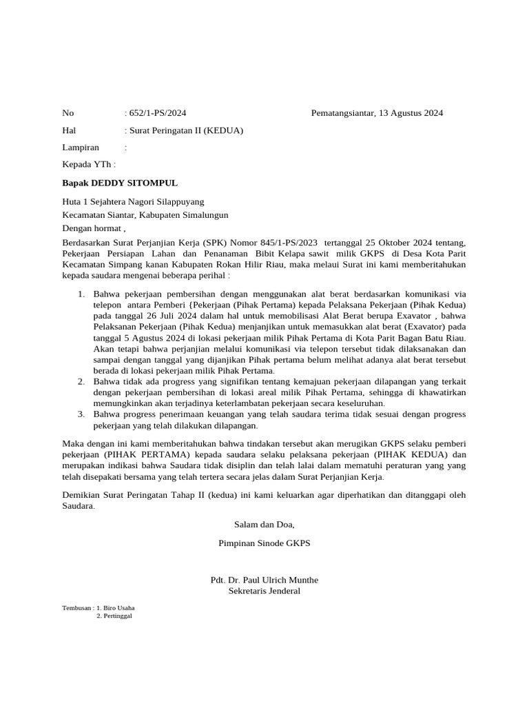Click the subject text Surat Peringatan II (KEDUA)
(x=185, y=130)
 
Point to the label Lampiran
(x=81, y=148)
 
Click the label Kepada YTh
(x=89, y=165)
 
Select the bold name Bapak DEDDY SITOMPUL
(x=120, y=183)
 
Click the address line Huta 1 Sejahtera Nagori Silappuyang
(x=133, y=202)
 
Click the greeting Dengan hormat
(x=94, y=228)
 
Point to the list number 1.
(x=81, y=294)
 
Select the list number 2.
(x=81, y=381)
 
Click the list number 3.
(x=81, y=414)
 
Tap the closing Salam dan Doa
(x=264, y=525)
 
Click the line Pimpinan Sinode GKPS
(x=264, y=543)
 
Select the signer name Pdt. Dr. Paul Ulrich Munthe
(x=264, y=580)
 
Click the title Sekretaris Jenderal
(x=264, y=591)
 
